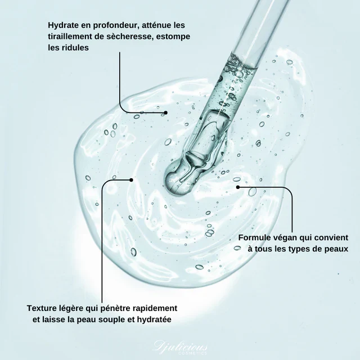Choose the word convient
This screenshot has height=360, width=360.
point(331,237)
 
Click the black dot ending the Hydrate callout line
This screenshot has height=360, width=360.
point(166,112)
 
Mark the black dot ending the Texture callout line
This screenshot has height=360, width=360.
point(131,180)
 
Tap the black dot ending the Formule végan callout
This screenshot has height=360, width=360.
point(238,187)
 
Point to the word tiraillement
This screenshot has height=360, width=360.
point(73,37)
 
